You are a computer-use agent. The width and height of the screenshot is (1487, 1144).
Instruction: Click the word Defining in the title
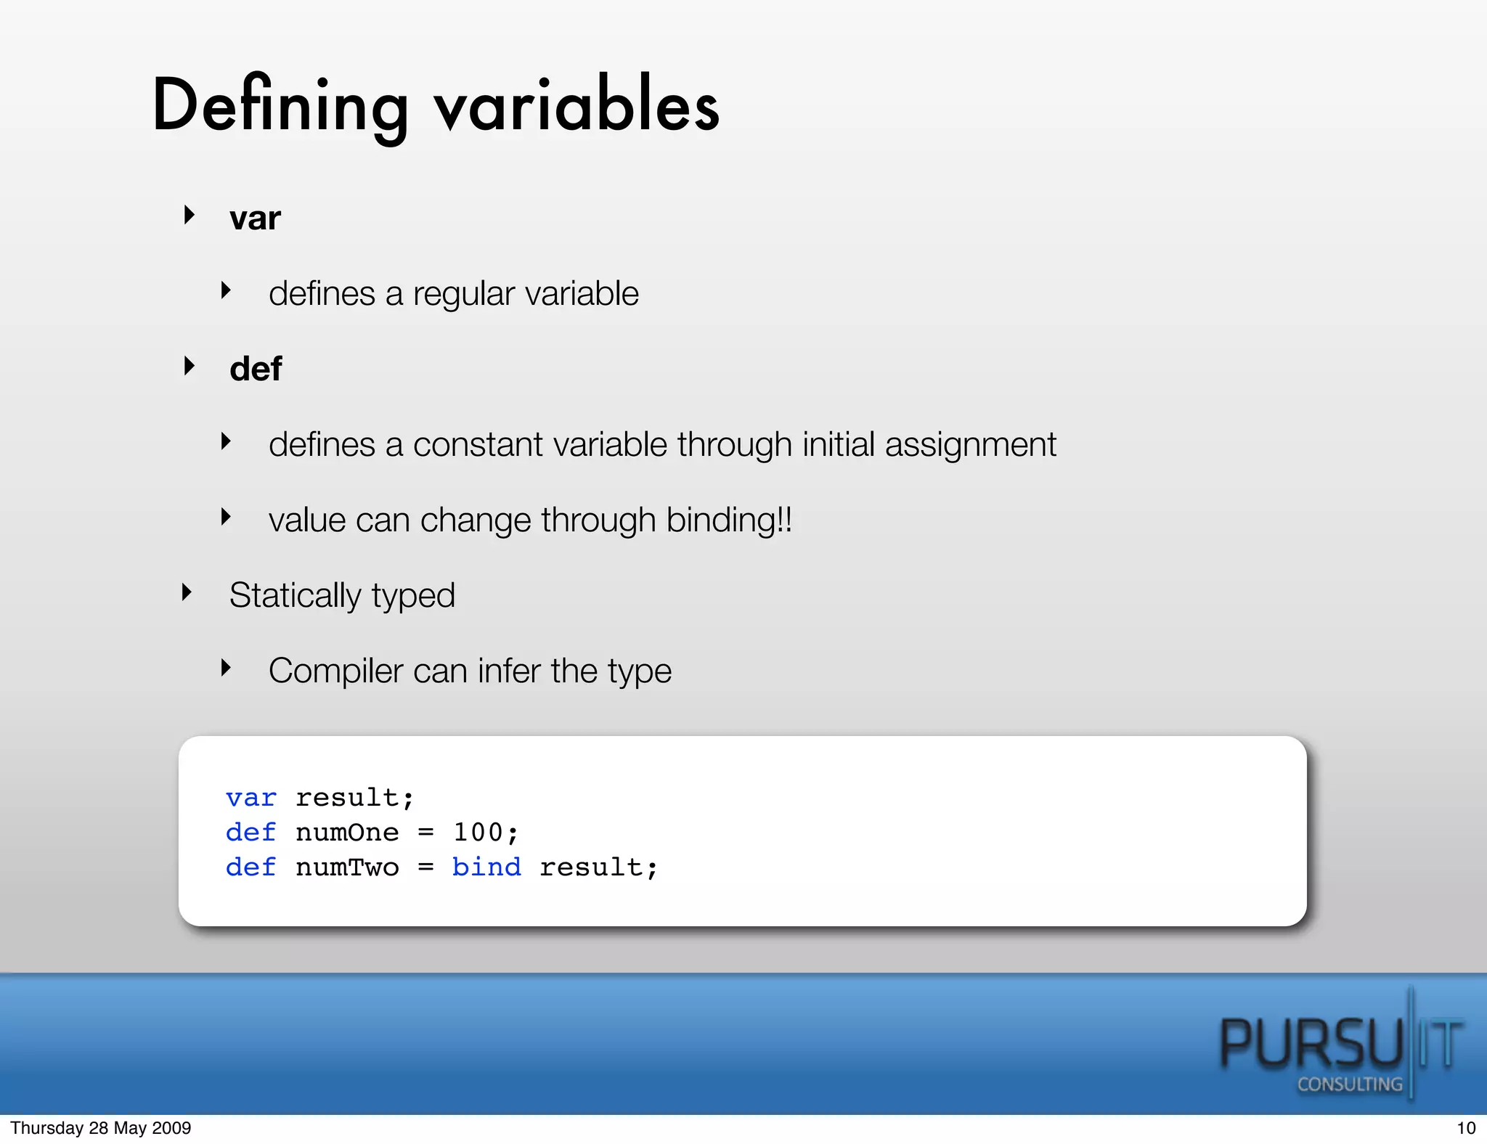pos(280,107)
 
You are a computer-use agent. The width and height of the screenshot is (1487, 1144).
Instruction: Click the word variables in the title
pos(577,107)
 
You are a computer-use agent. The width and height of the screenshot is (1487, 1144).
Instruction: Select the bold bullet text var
pos(255,218)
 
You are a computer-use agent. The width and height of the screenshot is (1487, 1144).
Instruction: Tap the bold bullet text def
pos(256,369)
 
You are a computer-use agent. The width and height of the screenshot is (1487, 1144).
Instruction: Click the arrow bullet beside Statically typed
pos(187,593)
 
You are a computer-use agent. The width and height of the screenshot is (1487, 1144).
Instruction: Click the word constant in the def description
pos(478,445)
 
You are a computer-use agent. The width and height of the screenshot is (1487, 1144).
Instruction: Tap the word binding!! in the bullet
pos(729,520)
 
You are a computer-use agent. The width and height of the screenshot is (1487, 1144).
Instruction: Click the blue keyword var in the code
pos(251,798)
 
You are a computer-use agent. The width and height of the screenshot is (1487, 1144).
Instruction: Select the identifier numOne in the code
pos(347,833)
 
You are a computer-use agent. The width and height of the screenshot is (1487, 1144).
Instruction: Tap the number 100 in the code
pos(478,833)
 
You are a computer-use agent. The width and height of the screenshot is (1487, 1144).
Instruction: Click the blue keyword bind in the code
pos(486,867)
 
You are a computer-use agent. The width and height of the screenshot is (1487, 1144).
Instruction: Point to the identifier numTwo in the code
pos(347,867)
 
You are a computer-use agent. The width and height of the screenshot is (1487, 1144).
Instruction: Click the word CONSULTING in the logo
pos(1350,1084)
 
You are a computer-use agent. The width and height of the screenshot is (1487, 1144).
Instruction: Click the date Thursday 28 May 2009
pos(101,1128)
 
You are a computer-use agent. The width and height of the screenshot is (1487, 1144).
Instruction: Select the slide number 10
pos(1466,1128)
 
